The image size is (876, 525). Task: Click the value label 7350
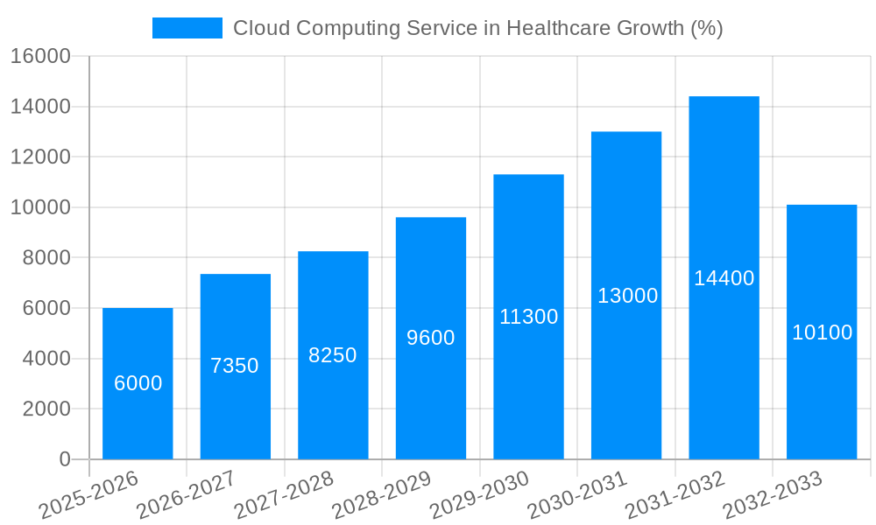tap(235, 366)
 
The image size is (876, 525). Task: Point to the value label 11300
tap(528, 317)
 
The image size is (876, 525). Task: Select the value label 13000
tap(627, 296)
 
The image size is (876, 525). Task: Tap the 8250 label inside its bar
tap(333, 355)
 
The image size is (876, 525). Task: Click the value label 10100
tap(822, 332)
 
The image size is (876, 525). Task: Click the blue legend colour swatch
tap(187, 28)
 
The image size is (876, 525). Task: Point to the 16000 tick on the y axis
tap(40, 57)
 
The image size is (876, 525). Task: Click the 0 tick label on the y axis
tap(64, 459)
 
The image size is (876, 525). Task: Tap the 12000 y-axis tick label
tap(40, 157)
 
